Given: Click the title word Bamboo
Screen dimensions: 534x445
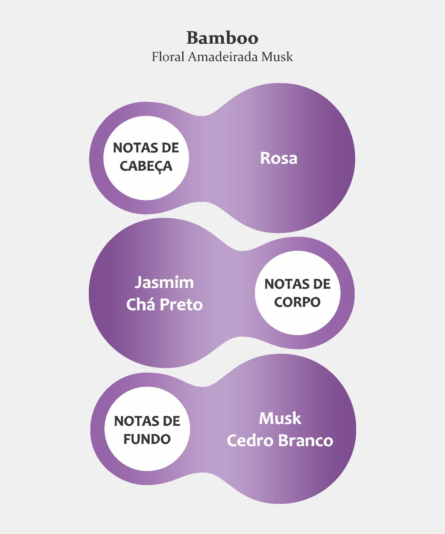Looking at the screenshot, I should pos(222,38).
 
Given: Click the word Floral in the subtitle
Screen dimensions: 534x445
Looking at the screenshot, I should pos(168,57).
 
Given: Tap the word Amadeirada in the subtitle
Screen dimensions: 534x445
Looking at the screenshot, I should pos(222,57).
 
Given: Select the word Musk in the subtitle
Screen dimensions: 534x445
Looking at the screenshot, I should pos(277,57).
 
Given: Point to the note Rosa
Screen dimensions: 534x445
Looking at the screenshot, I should pos(279,158).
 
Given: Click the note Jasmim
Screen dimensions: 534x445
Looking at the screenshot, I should pos(164,282).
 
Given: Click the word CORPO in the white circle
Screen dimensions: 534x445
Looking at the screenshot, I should pos(297,302).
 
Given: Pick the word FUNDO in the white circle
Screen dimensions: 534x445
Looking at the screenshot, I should pos(147,439).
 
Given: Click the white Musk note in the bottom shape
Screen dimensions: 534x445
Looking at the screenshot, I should pos(280,418).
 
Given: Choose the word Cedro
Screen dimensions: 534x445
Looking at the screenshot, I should pos(250,441).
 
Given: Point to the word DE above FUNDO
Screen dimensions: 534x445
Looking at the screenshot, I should pos(172,421).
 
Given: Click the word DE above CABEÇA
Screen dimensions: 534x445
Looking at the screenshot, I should pos(170,148).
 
